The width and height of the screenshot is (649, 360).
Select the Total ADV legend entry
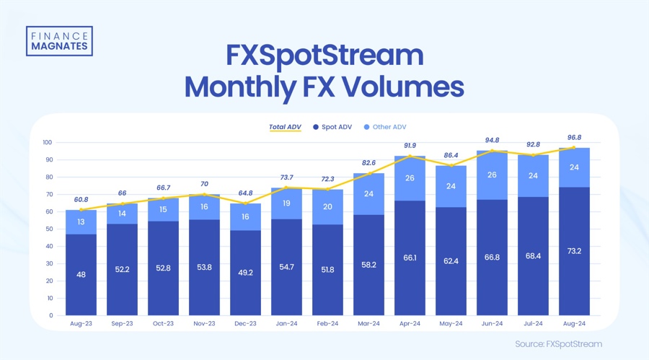[285, 127]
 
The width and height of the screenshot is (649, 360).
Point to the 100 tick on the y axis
[49, 142]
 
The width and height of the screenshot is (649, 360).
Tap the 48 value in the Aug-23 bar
[81, 274]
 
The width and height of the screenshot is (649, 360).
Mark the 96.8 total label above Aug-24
[574, 138]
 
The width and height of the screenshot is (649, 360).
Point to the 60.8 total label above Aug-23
[81, 199]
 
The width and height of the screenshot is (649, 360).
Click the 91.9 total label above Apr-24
[410, 146]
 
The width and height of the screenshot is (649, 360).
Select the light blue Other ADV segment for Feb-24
[327, 207]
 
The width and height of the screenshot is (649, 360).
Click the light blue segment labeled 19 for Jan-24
[286, 203]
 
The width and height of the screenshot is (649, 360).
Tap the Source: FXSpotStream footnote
[558, 344]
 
